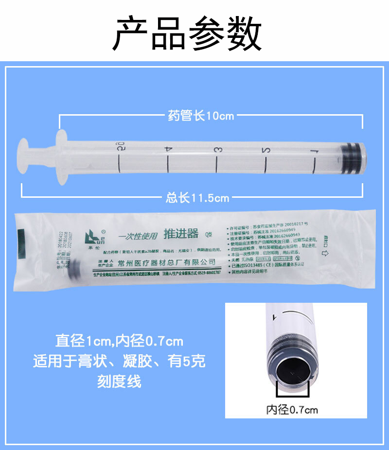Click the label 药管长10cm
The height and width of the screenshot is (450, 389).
pyautogui.click(x=201, y=116)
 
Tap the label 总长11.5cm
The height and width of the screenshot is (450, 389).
pyautogui.click(x=197, y=198)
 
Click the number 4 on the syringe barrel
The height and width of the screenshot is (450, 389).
pyautogui.click(x=167, y=148)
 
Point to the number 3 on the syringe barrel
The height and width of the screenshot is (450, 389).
pyautogui.click(x=217, y=149)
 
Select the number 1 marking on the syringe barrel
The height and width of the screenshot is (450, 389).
pyautogui.click(x=315, y=152)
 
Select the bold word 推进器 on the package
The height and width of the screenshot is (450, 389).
pyautogui.click(x=181, y=234)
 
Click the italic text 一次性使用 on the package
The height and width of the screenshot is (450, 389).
pyautogui.click(x=138, y=237)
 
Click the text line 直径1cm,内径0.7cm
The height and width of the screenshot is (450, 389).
pyautogui.click(x=120, y=340)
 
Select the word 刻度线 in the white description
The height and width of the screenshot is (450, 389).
pyautogui.click(x=120, y=381)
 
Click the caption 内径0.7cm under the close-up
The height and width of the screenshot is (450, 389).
pyautogui.click(x=292, y=410)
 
